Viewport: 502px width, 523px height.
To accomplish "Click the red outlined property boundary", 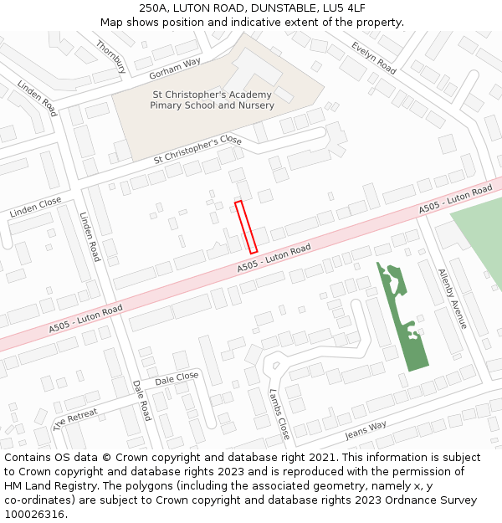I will pos(245,226).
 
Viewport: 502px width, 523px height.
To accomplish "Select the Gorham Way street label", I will pos(174,64).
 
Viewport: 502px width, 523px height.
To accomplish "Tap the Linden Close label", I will pos(36,208).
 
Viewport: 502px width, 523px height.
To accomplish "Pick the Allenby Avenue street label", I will pos(453,298).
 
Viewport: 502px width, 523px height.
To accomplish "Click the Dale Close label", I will pos(177,378).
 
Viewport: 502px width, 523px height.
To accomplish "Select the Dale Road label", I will pos(141,400).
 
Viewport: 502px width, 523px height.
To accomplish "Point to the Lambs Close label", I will pos(279,413).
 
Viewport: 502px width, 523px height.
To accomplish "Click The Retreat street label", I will pos(75,418).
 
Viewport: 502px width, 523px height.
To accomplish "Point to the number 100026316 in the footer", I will pos(35,514).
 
